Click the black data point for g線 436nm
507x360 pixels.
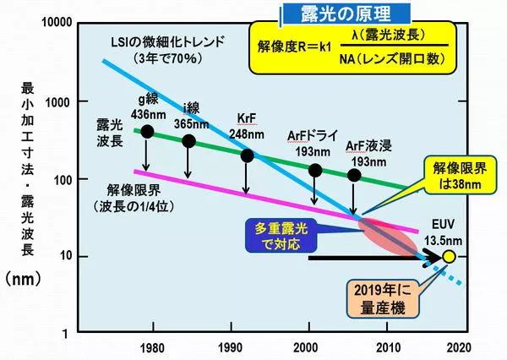click(x=148, y=131)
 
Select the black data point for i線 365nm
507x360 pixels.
click(x=189, y=141)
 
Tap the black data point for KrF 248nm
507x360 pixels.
click(x=247, y=155)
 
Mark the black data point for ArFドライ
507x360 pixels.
click(x=316, y=170)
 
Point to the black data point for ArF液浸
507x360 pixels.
click(x=355, y=176)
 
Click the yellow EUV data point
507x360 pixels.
click(x=450, y=256)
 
